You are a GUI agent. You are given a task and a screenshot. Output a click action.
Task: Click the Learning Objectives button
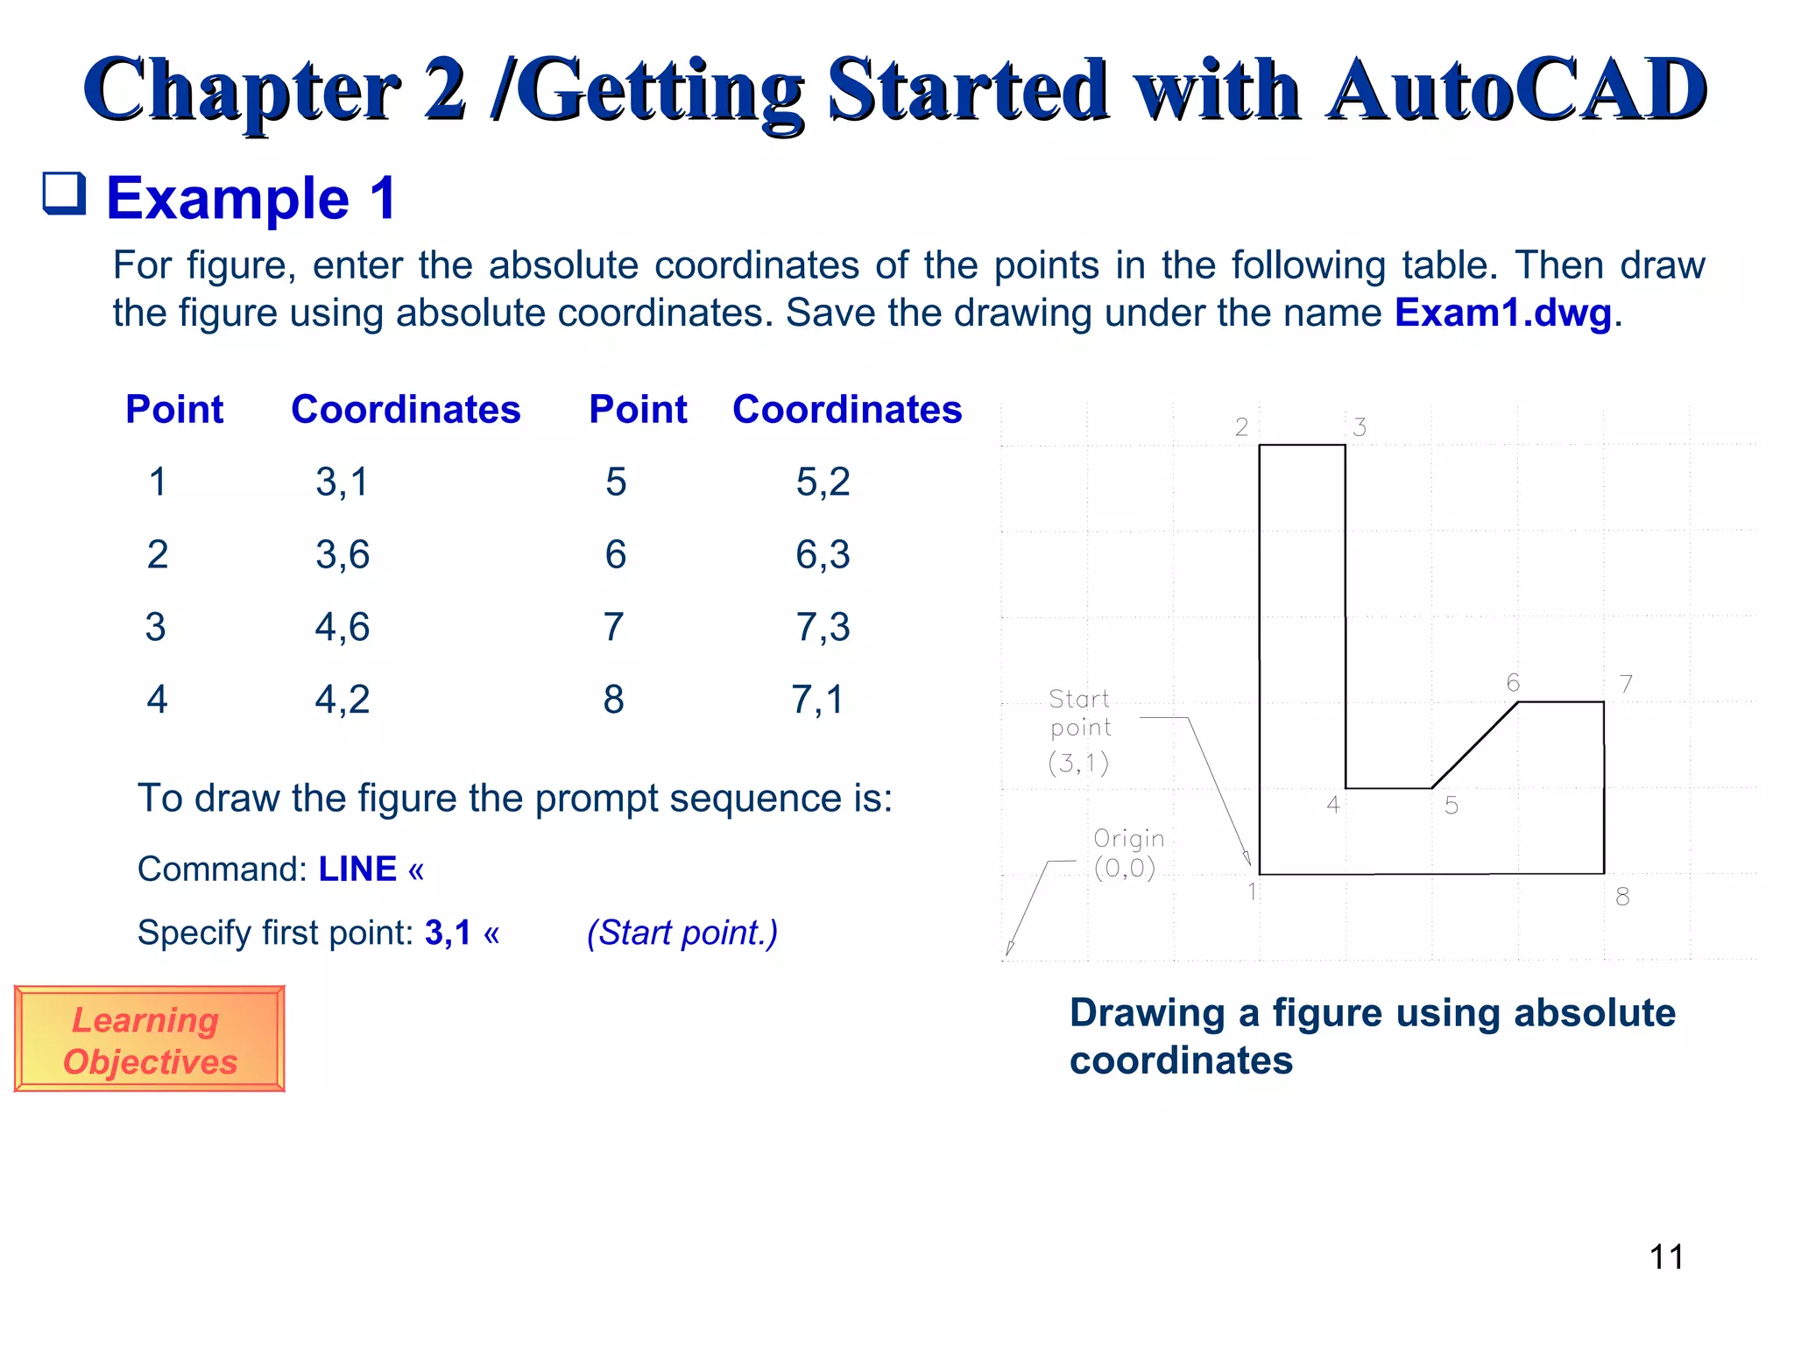149,1039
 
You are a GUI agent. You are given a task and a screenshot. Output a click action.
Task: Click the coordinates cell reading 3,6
343,555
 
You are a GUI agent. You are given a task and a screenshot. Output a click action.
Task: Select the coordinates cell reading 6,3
823,555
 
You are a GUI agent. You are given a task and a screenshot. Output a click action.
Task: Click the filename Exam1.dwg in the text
1502,313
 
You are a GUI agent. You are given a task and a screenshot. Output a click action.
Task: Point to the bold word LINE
357,870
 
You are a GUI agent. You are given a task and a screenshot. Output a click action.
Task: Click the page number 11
1666,1257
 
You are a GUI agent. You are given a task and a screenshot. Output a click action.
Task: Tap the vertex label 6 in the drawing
1513,683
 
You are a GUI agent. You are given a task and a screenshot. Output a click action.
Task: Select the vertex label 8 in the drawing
1622,897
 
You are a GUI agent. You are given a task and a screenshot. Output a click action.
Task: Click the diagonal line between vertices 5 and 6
1475,745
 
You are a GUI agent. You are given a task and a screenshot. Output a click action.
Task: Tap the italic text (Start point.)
682,933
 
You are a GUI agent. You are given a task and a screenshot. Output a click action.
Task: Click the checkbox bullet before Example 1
65,194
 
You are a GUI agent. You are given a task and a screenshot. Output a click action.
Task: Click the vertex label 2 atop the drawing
1241,427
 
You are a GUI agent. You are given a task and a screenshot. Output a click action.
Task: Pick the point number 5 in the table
616,482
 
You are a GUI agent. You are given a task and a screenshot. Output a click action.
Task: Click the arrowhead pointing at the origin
1010,949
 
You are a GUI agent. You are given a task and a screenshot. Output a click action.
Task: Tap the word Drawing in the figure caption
1147,1013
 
